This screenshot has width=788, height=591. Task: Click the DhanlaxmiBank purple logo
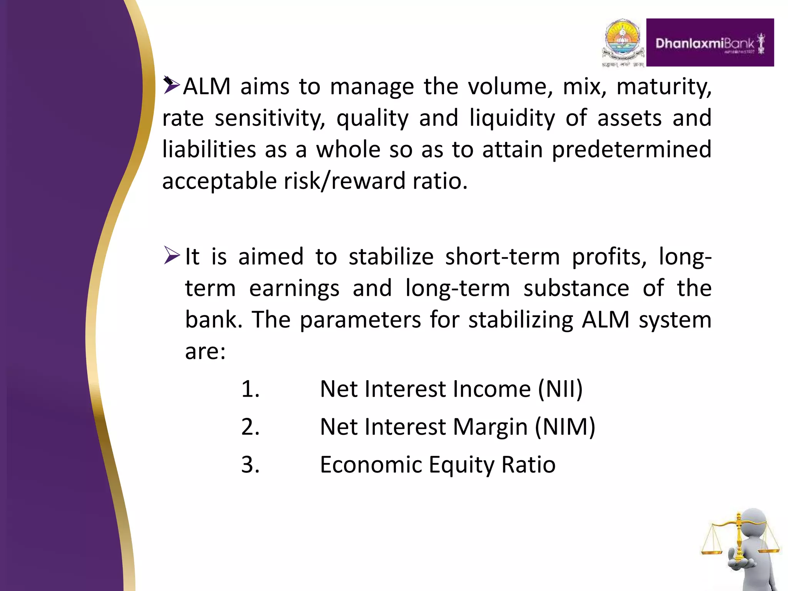(710, 42)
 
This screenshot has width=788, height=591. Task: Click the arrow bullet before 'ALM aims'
(171, 85)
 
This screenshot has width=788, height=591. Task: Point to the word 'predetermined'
(631, 149)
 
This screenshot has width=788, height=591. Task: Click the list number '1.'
(250, 389)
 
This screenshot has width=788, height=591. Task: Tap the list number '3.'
(250, 465)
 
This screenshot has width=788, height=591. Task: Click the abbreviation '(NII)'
(560, 389)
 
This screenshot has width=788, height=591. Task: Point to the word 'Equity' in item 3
(461, 465)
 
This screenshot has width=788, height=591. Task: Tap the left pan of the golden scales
(712, 551)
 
